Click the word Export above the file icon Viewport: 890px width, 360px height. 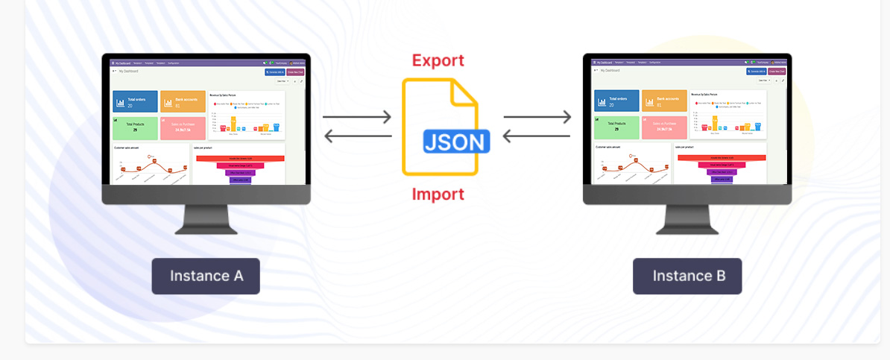click(x=438, y=60)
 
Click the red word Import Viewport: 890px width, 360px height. click(x=438, y=195)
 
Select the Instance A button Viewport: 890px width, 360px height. click(x=206, y=276)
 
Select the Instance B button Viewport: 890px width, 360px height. click(x=687, y=276)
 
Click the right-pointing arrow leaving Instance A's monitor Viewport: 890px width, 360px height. click(x=357, y=117)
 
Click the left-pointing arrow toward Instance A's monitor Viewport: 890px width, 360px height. click(x=357, y=136)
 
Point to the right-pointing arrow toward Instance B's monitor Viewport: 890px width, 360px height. click(x=537, y=117)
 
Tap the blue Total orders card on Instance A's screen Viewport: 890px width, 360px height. click(x=135, y=101)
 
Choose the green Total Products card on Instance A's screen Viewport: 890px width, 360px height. click(x=135, y=127)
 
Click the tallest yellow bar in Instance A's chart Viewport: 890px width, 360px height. click(x=233, y=124)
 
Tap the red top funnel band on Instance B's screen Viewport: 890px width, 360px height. click(x=720, y=158)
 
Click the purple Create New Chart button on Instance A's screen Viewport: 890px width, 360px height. click(x=296, y=72)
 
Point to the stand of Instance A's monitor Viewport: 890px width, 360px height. click(x=206, y=219)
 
